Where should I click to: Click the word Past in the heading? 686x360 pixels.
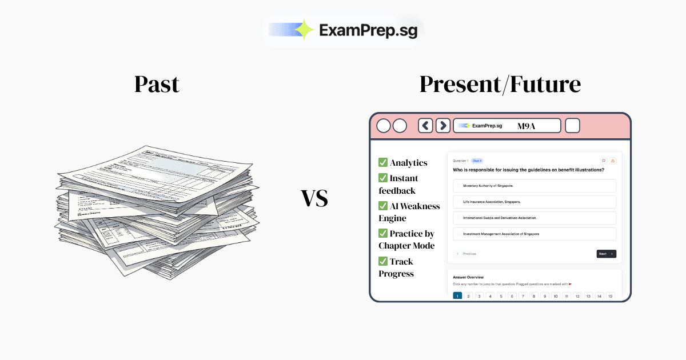[157, 84]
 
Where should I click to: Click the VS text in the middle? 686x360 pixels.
[314, 199]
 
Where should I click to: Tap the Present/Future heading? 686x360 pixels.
[500, 84]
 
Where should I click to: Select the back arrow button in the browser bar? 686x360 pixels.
[425, 126]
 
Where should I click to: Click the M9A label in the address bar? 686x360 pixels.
[526, 126]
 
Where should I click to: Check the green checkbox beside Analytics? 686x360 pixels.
[383, 163]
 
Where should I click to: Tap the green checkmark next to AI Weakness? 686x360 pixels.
[383, 206]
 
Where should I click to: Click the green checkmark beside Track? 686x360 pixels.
[383, 261]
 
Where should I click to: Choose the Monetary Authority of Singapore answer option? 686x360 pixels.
[534, 186]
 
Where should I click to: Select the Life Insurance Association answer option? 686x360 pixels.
[534, 202]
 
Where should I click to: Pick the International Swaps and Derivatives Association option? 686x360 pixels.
[534, 218]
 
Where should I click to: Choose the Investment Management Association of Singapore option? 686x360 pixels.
[534, 234]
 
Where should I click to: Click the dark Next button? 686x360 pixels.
[606, 254]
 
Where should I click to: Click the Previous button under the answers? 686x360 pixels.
[466, 254]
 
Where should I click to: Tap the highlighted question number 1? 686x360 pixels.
[457, 296]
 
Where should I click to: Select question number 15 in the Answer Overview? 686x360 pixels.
[610, 296]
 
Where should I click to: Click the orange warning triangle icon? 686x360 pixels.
[613, 161]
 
